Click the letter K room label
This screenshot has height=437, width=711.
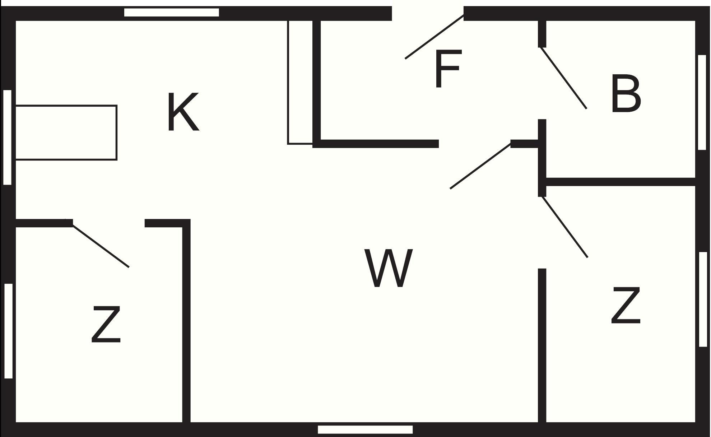point(183,112)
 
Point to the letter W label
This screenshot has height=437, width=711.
point(389,268)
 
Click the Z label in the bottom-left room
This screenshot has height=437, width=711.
point(106,324)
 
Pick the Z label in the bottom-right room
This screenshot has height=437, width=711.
point(626,305)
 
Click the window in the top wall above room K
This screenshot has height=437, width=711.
point(172,13)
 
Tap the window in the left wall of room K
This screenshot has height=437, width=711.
point(7,138)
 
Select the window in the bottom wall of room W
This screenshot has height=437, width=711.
point(365,429)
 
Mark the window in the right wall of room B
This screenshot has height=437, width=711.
point(702,102)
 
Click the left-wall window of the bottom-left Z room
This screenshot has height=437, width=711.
point(8,331)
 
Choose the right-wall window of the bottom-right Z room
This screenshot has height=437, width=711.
point(703,299)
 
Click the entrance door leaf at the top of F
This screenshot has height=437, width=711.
point(434,37)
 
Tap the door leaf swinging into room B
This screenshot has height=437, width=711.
point(564,78)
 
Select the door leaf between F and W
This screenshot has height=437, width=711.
point(480,166)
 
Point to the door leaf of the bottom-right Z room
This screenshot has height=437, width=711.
point(564,227)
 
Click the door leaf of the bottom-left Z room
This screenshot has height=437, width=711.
point(101,246)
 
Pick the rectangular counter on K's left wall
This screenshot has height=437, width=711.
point(66,133)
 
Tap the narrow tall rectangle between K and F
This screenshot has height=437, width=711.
point(300,82)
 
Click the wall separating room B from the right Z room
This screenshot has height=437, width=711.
point(621,182)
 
